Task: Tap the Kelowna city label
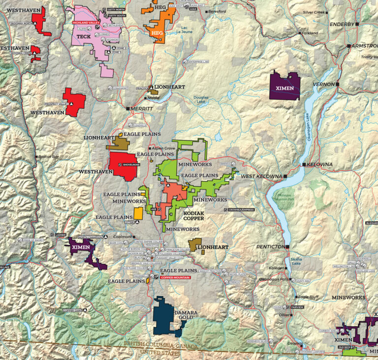tap(320, 164)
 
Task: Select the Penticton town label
tap(270, 246)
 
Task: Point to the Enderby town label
tap(342, 24)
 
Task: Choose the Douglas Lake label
tap(201, 100)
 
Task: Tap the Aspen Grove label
tap(162, 148)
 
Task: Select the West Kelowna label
tap(261, 176)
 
